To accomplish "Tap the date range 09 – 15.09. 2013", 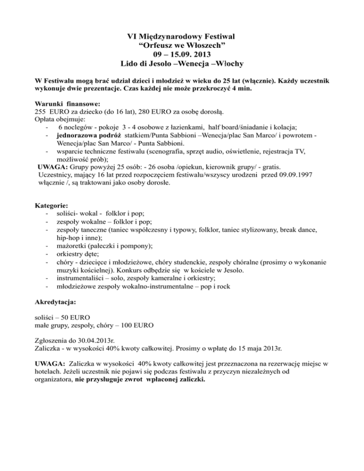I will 182,54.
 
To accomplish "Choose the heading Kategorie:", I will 52,206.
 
